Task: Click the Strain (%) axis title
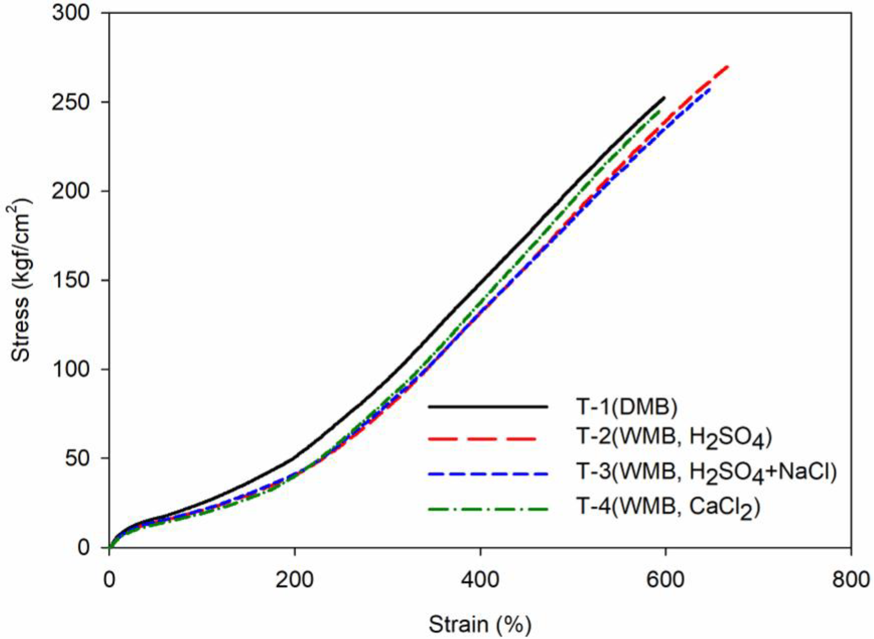pyautogui.click(x=480, y=624)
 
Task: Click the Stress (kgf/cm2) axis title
pyautogui.click(x=21, y=280)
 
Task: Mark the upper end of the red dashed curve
pyautogui.click(x=728, y=67)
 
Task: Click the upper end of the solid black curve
pyautogui.click(x=664, y=98)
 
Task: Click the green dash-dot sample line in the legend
pyautogui.click(x=488, y=509)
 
